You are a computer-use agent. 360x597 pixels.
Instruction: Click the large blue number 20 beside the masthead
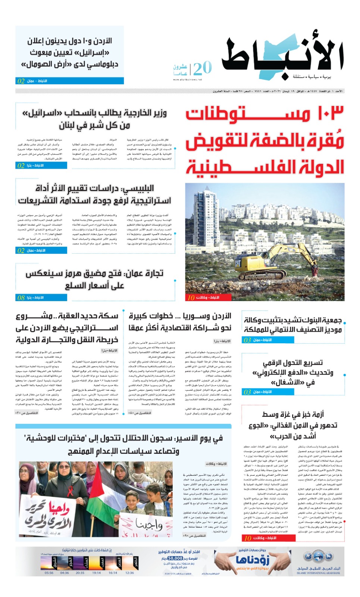click(203, 68)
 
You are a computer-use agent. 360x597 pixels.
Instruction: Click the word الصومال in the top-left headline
click(41, 64)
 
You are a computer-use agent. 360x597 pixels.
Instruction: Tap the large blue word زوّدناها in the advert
click(253, 560)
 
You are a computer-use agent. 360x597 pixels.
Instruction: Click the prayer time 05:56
click(49, 572)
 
